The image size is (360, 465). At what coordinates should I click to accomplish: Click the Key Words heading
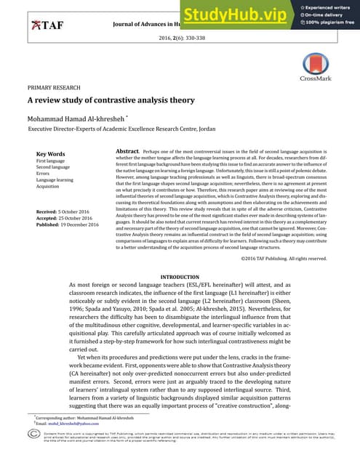50,154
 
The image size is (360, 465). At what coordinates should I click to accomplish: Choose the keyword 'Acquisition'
48,186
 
